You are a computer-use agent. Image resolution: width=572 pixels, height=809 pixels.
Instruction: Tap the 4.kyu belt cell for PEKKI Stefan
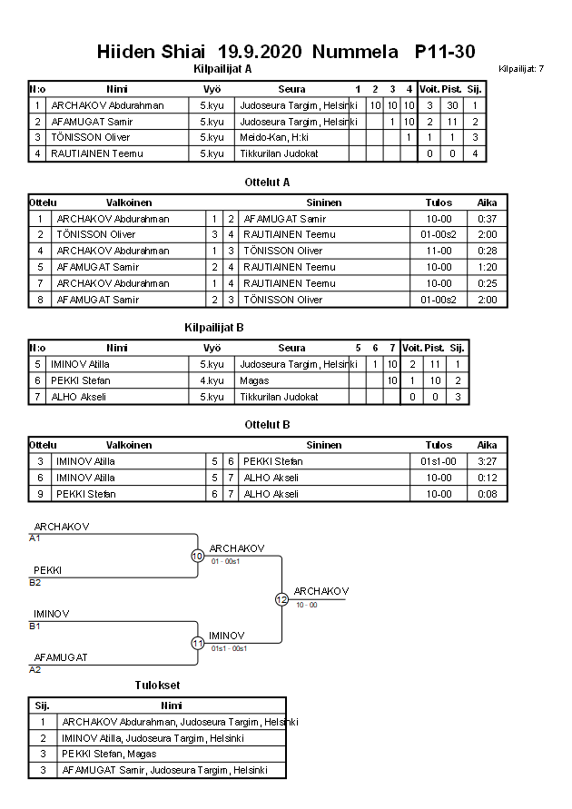tap(212, 380)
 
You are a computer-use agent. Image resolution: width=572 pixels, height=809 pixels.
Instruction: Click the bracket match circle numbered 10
tap(197, 556)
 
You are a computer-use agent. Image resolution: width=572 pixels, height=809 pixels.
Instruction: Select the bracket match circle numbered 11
tap(197, 643)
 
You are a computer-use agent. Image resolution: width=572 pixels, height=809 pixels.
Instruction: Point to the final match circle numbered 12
tap(281, 599)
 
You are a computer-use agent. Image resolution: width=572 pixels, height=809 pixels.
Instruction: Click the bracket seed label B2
tap(35, 582)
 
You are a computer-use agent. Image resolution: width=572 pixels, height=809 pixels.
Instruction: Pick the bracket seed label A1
tap(35, 538)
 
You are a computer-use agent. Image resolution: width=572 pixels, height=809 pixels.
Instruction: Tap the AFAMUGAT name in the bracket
tap(61, 657)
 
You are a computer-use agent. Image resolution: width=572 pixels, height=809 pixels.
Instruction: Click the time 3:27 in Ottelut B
tap(488, 461)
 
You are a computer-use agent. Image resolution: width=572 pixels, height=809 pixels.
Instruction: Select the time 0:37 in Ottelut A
tap(488, 219)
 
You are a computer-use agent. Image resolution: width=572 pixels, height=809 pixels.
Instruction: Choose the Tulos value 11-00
tap(439, 251)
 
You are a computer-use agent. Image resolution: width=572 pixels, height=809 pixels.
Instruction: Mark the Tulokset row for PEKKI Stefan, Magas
tap(109, 754)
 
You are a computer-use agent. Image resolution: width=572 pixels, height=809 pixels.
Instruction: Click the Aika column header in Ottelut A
tap(488, 203)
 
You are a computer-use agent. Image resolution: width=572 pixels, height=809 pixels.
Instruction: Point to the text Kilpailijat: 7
tap(521, 69)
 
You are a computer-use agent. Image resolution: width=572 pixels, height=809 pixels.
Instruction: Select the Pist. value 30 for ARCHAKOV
tap(452, 105)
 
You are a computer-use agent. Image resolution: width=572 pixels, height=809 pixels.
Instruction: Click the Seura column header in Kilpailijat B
tap(291, 348)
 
